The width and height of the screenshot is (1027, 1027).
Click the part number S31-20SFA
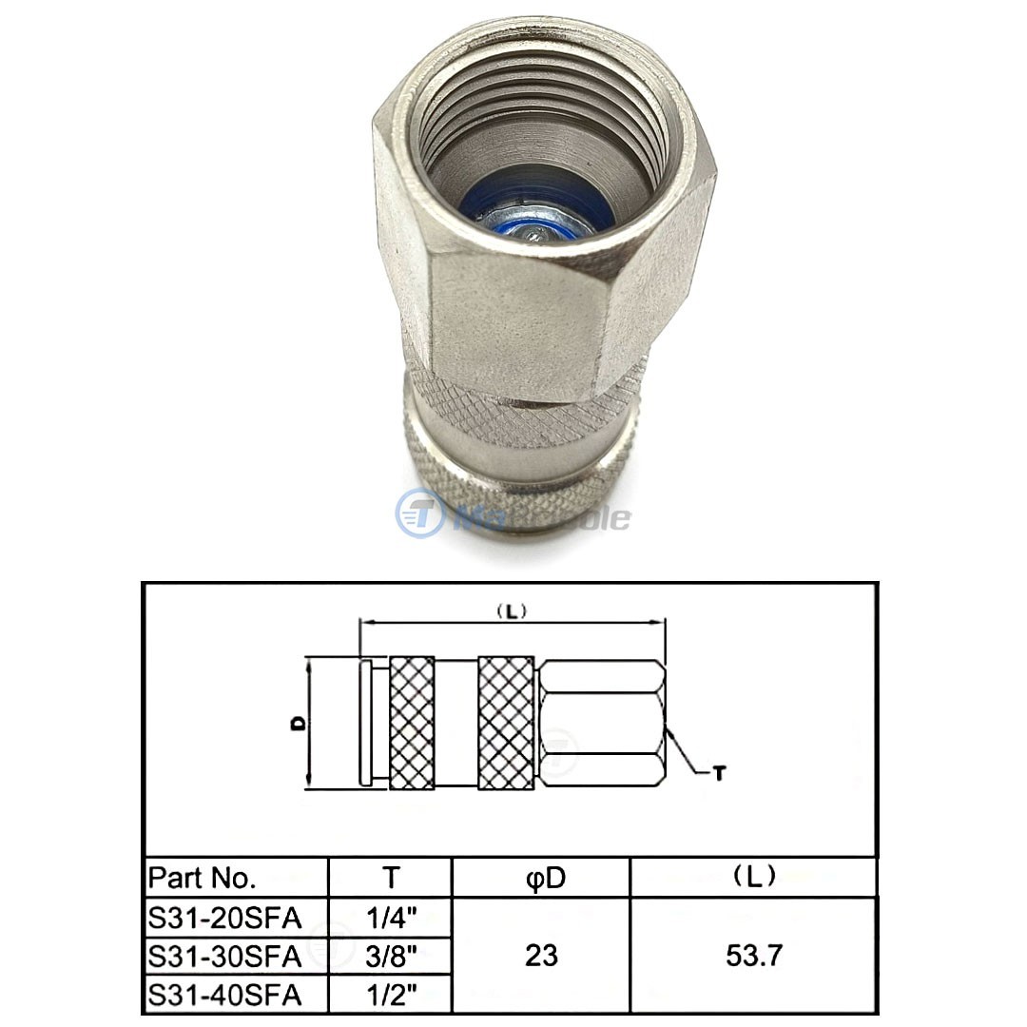point(224,918)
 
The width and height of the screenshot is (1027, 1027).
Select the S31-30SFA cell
point(224,955)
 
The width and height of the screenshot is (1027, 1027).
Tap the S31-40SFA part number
point(224,995)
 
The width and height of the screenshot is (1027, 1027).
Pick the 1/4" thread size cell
point(390,918)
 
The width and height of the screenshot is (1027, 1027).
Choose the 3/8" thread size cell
point(390,955)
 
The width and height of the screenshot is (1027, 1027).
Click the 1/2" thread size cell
point(390,995)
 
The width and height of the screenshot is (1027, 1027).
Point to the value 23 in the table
point(541,956)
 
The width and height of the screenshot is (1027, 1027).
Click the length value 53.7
point(753,956)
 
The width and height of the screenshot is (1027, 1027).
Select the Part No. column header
point(203,877)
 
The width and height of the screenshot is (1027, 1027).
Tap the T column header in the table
point(390,877)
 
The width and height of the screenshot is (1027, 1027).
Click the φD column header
point(541,877)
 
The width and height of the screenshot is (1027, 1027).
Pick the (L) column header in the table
point(753,877)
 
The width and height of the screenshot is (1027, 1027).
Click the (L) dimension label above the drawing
point(512,611)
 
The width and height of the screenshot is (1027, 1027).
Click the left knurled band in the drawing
point(412,722)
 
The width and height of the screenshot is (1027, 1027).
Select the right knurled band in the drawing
point(505,722)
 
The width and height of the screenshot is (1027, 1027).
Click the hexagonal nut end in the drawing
point(604,722)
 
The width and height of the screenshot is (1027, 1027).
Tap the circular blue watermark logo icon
point(418,513)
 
